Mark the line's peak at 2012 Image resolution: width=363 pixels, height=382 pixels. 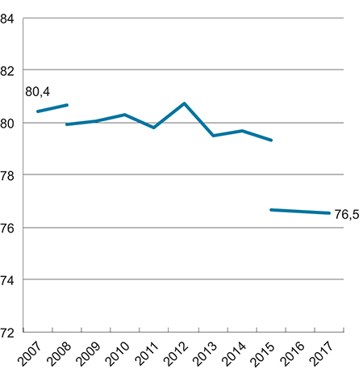(184, 103)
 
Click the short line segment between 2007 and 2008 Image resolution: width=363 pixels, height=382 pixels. (52, 108)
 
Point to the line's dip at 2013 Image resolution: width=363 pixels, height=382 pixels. (213, 136)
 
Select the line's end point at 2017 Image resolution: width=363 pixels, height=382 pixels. (329, 213)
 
